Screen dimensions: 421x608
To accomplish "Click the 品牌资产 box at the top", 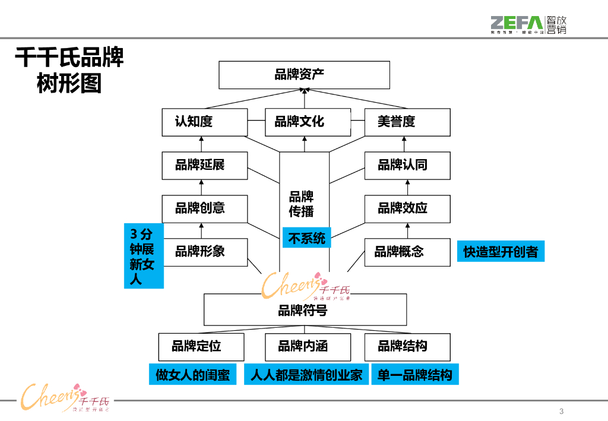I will click(304, 75).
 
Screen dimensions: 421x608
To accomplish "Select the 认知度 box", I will click(205, 122).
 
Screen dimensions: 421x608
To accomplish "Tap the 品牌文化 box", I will click(304, 122).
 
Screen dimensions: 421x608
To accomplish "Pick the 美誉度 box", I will click(407, 122).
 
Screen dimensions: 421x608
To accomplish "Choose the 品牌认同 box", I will click(407, 165).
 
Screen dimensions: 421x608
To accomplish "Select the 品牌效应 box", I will click(407, 208).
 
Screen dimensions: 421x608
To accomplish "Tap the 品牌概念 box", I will click(407, 252).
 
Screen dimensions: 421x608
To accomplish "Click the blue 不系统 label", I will click(306, 238).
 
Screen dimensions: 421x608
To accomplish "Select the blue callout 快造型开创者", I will click(501, 252).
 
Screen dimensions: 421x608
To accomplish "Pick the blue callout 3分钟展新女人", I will click(143, 256).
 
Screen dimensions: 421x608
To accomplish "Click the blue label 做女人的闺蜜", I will click(192, 375).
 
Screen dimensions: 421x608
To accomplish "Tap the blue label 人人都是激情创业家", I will click(306, 375).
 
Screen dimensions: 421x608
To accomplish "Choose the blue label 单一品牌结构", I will click(415, 375).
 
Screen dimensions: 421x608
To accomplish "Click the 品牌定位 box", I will click(201, 347).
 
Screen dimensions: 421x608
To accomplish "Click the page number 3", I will click(562, 412).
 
